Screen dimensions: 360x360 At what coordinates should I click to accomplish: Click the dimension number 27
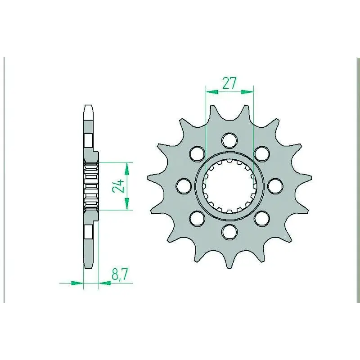click(229, 83)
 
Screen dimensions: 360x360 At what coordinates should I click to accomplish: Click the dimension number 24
click(118, 186)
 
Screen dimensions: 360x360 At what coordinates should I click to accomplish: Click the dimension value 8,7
click(119, 274)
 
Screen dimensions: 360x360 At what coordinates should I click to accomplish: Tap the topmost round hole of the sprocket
click(229, 140)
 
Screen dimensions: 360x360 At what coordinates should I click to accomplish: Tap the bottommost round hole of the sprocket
click(229, 232)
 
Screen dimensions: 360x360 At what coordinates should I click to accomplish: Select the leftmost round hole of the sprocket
click(184, 186)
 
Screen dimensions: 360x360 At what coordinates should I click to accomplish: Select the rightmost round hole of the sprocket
click(275, 186)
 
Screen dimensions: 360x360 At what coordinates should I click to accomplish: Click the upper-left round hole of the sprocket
click(197, 153)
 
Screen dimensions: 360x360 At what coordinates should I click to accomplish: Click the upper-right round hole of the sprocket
click(262, 153)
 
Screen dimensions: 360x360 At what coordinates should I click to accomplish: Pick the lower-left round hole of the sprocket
click(197, 218)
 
